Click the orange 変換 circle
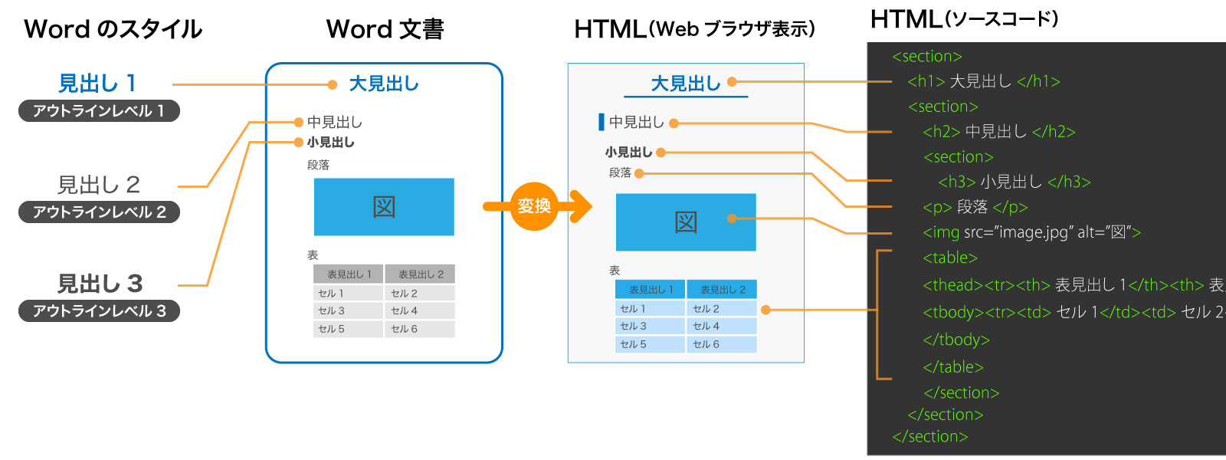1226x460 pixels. [534, 205]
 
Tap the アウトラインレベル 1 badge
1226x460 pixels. [99, 110]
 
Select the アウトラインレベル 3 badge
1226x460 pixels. [99, 310]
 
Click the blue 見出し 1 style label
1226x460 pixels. [97, 83]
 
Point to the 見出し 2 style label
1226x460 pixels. [99, 185]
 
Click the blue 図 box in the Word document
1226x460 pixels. [384, 206]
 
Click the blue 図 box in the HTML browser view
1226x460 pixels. [686, 222]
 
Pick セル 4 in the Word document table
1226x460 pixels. [418, 310]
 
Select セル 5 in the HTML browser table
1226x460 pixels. [648, 344]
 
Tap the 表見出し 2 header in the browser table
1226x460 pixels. [722, 289]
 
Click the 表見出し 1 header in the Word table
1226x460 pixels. [348, 274]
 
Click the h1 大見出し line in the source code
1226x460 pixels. [983, 81]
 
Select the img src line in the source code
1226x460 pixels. [1031, 232]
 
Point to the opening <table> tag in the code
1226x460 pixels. [950, 258]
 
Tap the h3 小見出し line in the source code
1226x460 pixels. [1014, 182]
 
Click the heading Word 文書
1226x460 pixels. [385, 29]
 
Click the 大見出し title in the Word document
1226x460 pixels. [383, 84]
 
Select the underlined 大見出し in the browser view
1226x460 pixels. [685, 84]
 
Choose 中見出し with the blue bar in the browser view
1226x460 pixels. [635, 122]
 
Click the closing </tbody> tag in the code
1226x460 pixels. [956, 340]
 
